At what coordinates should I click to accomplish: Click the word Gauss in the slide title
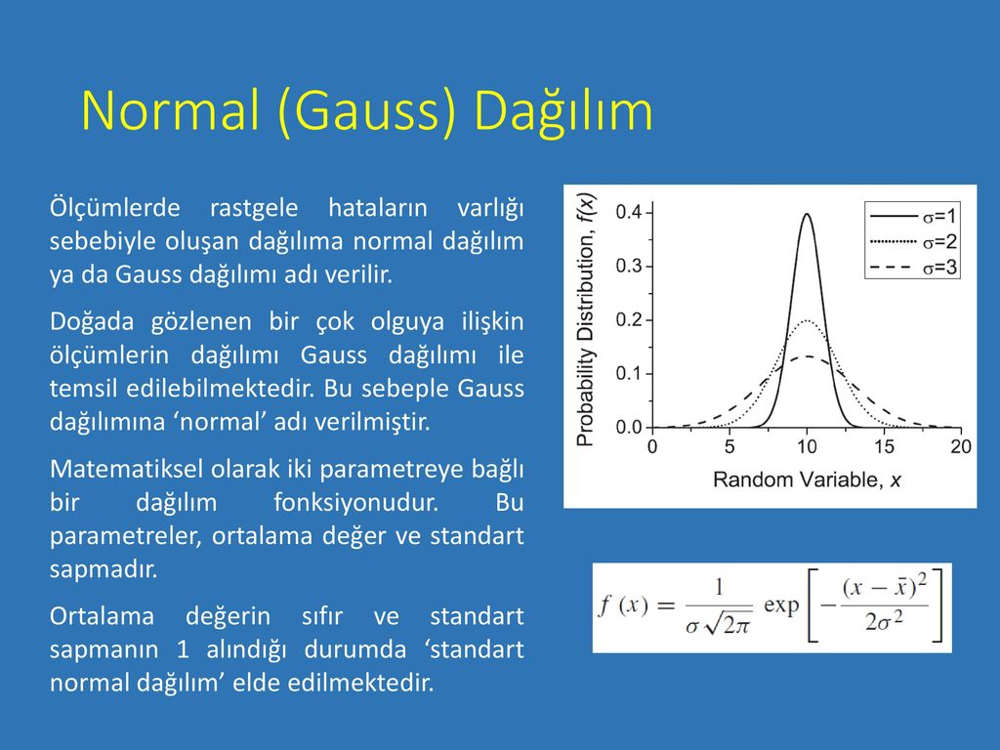point(367,110)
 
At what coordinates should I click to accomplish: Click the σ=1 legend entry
point(913,216)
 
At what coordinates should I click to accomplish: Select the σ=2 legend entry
point(913,242)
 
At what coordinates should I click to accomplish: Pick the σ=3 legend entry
point(913,268)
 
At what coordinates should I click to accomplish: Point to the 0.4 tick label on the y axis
point(629,212)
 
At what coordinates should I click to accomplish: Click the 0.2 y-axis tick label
point(629,319)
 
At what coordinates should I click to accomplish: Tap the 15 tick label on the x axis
point(884,446)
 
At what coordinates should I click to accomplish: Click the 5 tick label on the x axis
point(729,446)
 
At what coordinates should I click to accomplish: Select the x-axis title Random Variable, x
point(807,479)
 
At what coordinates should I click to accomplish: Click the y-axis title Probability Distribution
point(586,319)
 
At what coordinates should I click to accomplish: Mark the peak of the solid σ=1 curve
point(807,214)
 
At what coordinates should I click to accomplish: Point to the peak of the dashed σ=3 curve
point(807,356)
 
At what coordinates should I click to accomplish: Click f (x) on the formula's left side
point(624,604)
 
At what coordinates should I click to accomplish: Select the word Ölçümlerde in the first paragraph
point(115,208)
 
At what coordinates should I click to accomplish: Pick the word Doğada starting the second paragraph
point(92,321)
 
